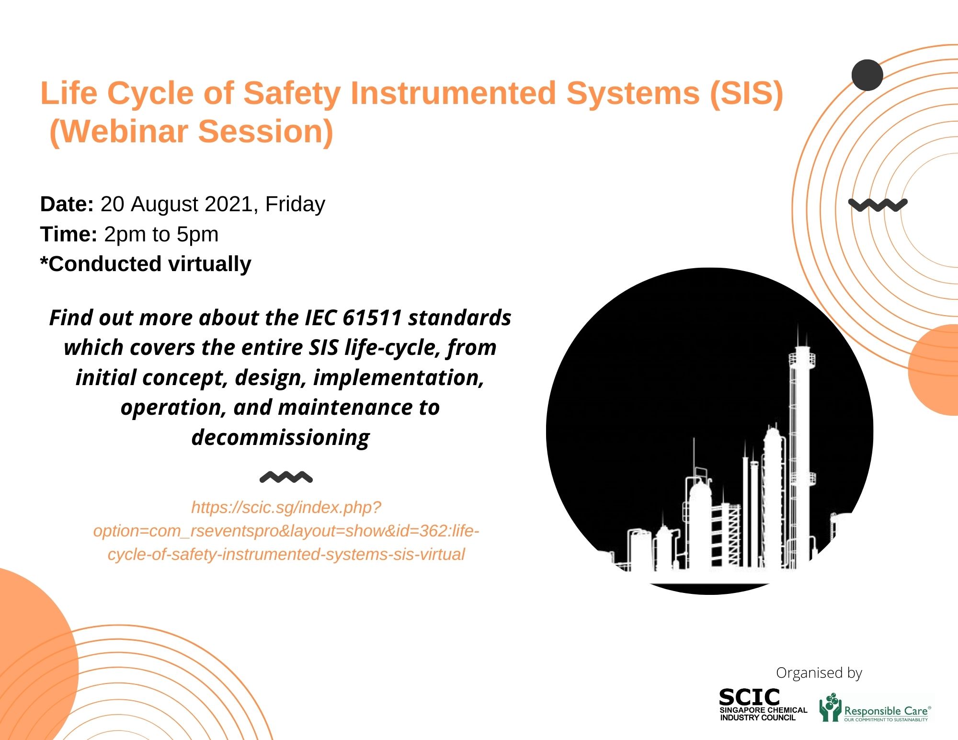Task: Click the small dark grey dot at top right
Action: [x=867, y=75]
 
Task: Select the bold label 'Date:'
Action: [x=67, y=204]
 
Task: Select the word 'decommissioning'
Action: [x=281, y=438]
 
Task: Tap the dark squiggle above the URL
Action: [x=286, y=477]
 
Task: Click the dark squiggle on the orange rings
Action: [x=878, y=205]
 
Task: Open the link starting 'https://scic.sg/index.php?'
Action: [x=286, y=531]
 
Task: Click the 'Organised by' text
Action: [x=819, y=673]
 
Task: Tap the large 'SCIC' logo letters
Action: [x=750, y=697]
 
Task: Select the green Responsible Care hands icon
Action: [x=830, y=707]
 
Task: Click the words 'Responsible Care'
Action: [x=886, y=711]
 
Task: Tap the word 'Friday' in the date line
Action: [x=295, y=205]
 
